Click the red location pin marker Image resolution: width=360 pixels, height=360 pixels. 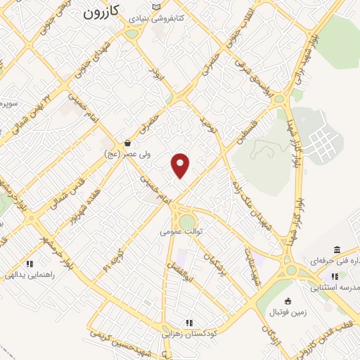(x=181, y=165)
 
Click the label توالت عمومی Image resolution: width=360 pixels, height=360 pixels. (x=181, y=231)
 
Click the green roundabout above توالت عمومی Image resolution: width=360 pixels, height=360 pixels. (x=186, y=223)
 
